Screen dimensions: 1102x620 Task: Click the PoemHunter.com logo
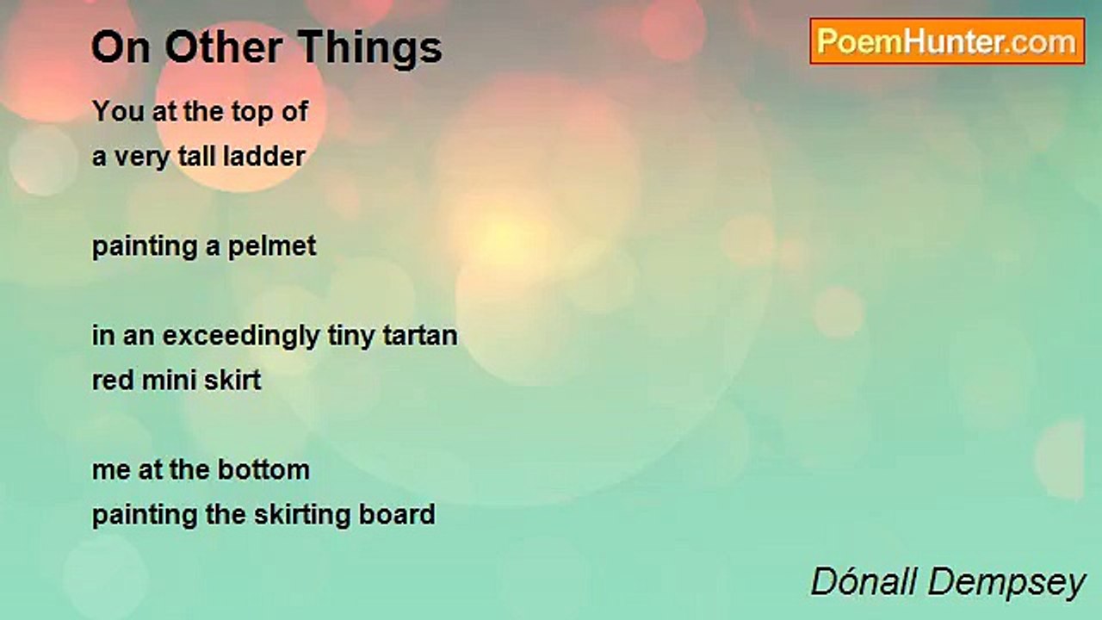(947, 41)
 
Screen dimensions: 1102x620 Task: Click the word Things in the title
(370, 48)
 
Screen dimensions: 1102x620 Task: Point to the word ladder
(264, 157)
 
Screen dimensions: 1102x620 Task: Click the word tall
(197, 157)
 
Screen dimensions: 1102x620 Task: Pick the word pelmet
(272, 246)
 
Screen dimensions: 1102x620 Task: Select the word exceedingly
(241, 337)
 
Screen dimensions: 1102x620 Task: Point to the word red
(113, 381)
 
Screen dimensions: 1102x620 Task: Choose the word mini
(170, 381)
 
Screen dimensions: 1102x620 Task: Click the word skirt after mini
(232, 381)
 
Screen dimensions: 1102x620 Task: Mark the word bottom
(263, 470)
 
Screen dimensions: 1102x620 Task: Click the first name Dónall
(864, 581)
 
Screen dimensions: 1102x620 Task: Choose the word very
(142, 158)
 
